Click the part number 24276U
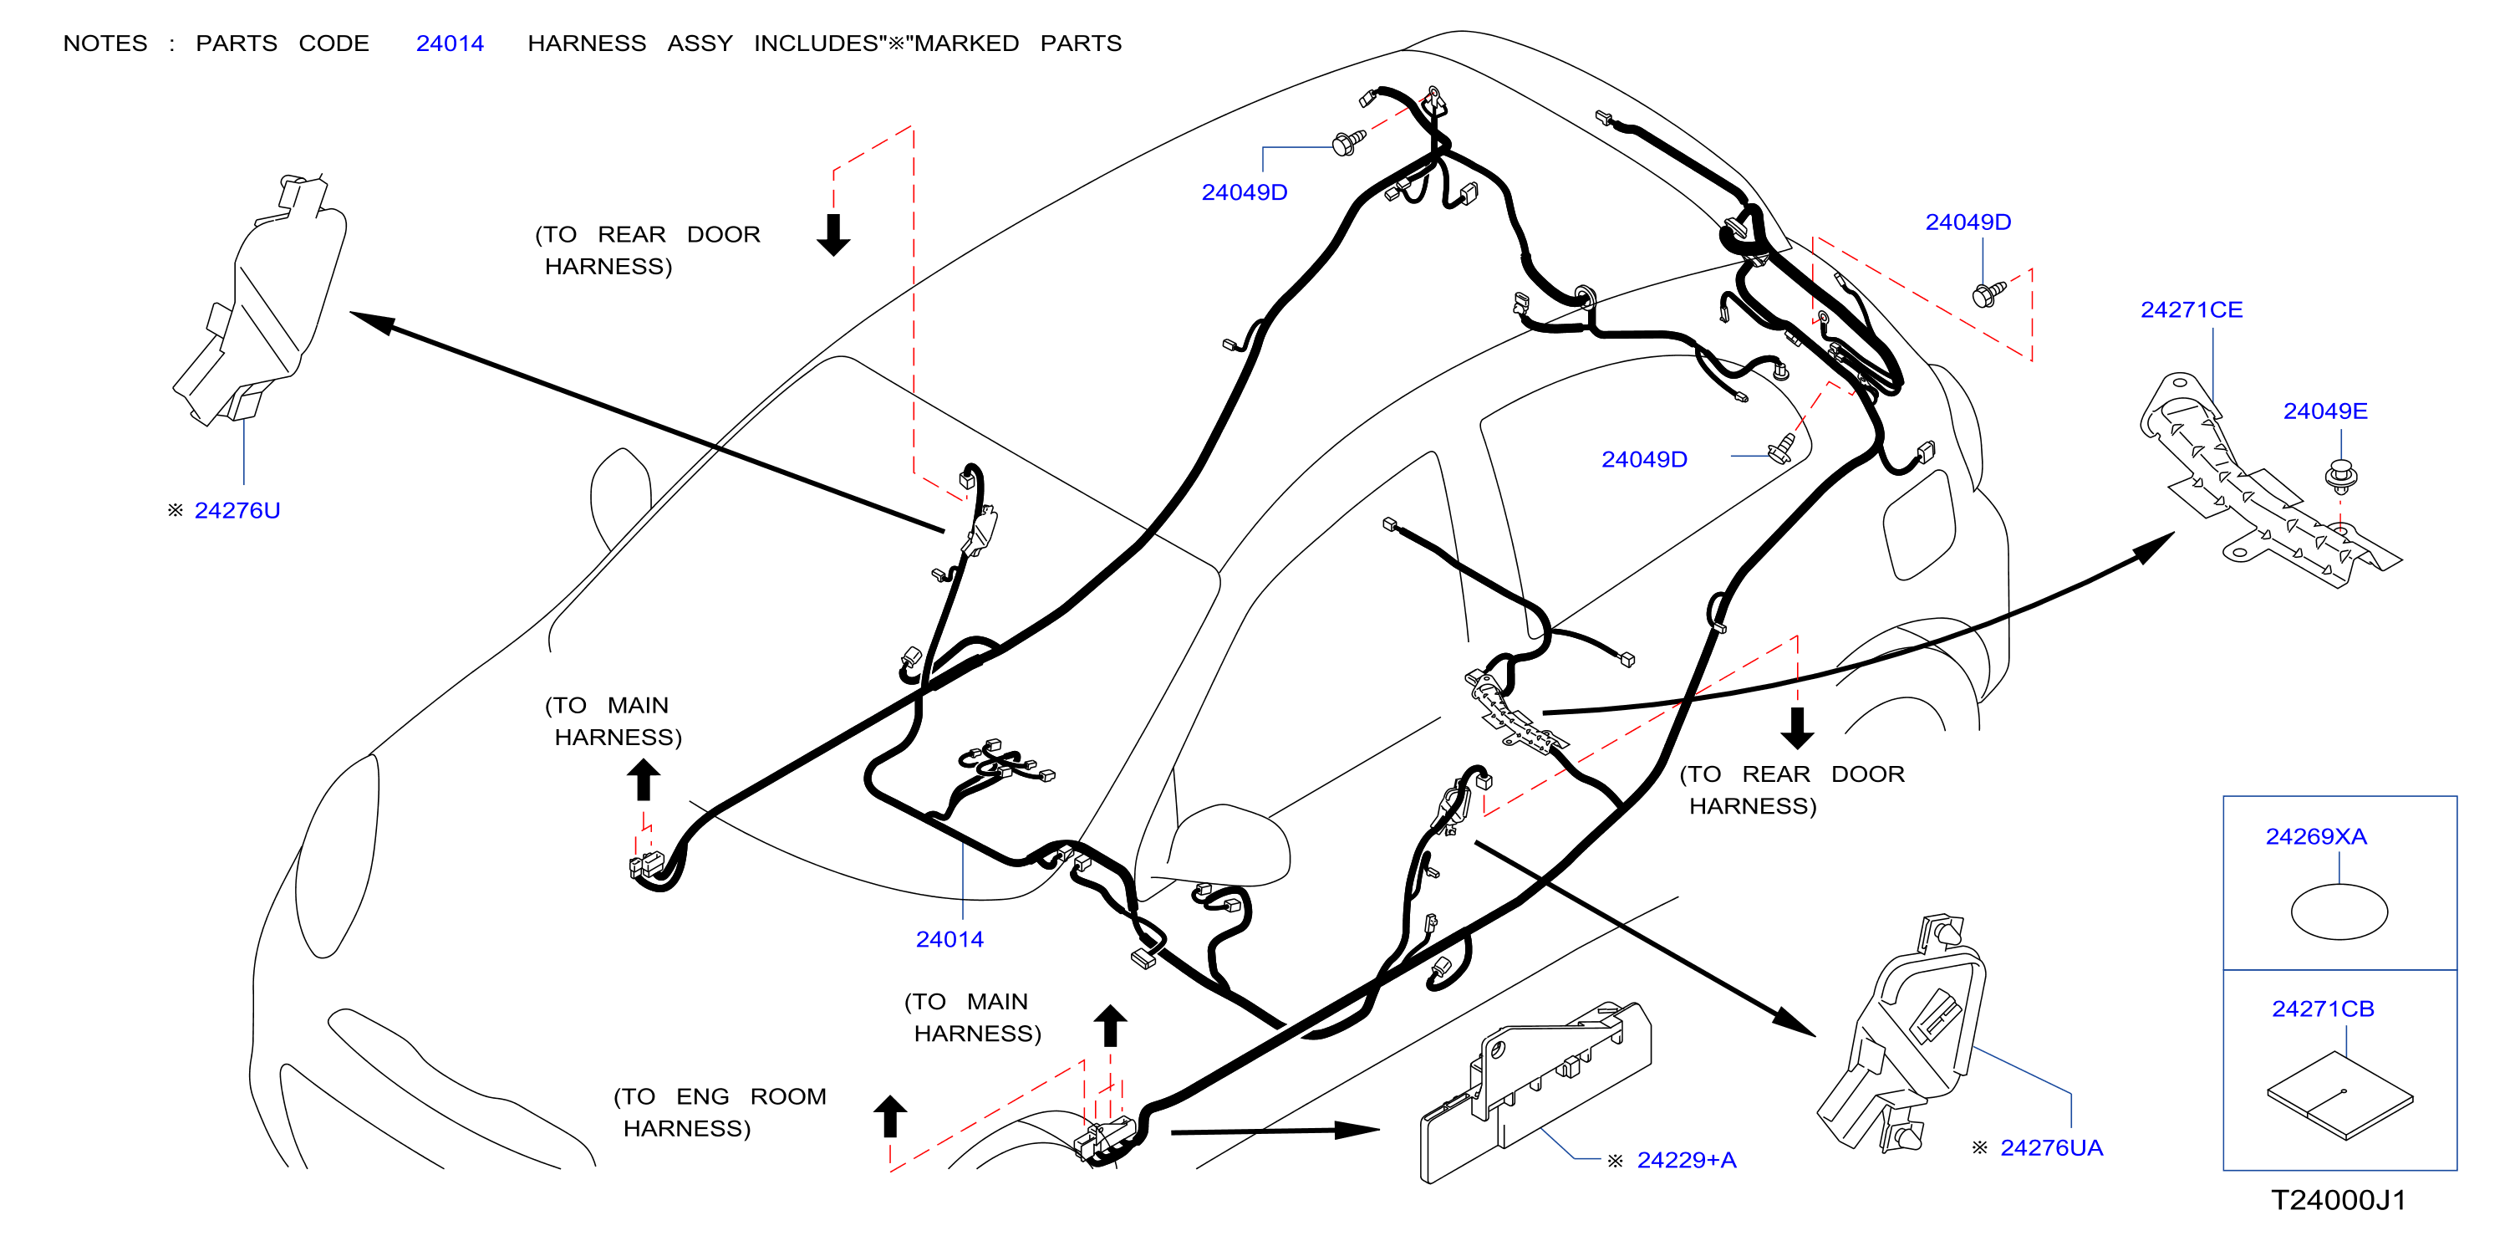point(237,511)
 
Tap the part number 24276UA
point(2051,1148)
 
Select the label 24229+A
point(1687,1161)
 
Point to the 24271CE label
point(2192,310)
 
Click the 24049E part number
point(2325,412)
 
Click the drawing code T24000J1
point(2338,1200)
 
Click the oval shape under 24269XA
point(2339,912)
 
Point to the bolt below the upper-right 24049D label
point(1988,294)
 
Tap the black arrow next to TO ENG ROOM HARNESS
point(890,1116)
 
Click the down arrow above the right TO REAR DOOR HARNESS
point(1797,728)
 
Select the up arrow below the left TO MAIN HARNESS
point(643,781)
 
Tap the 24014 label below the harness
point(949,940)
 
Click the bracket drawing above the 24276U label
point(260,299)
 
